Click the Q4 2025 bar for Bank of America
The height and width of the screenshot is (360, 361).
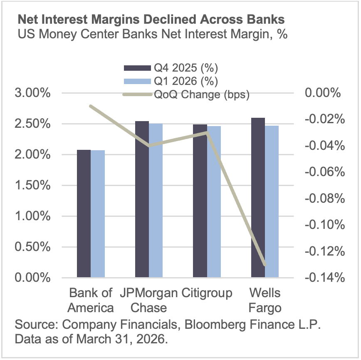[84, 214]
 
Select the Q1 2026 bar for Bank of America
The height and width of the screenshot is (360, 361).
[98, 214]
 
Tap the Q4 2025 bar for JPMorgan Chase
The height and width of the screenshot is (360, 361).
[142, 199]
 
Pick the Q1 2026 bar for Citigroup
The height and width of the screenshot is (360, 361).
[214, 202]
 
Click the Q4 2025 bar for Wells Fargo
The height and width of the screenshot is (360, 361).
[258, 198]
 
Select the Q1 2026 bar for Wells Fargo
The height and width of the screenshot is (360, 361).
[272, 201]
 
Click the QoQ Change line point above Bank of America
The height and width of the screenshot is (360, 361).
[91, 106]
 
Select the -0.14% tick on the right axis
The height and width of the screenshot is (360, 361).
[326, 278]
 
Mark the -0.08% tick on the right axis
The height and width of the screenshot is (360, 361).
[326, 199]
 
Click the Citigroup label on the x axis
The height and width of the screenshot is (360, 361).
[207, 293]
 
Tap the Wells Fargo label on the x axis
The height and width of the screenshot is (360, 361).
[265, 300]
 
